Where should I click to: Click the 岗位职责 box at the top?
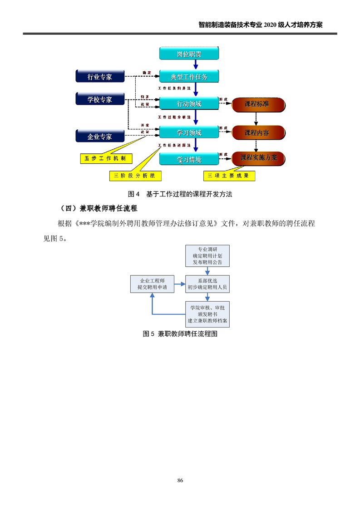[x=189, y=54]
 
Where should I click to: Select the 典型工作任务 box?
[x=189, y=77]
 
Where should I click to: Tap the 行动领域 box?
[x=189, y=104]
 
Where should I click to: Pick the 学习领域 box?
[x=189, y=132]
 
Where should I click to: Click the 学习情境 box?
[x=189, y=159]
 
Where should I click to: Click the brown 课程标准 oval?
[x=257, y=104]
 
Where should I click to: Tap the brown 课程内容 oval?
[x=257, y=133]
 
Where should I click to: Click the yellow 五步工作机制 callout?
[x=106, y=158]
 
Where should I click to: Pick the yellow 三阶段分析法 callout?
[x=135, y=175]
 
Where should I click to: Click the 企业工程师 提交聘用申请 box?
[x=152, y=284]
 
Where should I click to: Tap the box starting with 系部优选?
[x=207, y=284]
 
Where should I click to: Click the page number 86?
[x=180, y=480]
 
